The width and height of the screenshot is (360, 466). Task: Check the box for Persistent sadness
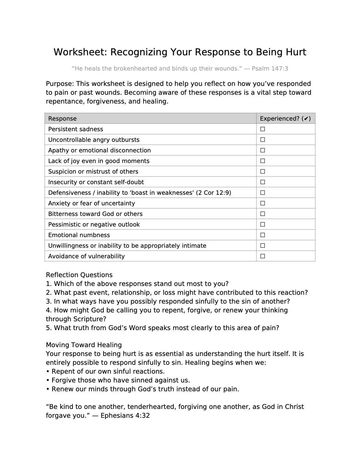click(263, 129)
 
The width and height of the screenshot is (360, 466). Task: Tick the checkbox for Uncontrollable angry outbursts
click(263, 140)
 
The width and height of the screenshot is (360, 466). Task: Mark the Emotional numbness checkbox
click(263, 235)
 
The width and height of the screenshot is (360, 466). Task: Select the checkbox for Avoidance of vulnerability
click(263, 256)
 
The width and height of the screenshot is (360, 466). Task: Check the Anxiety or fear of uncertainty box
click(263, 203)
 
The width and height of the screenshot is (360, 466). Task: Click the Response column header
click(62, 119)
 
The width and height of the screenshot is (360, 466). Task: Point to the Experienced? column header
click(285, 119)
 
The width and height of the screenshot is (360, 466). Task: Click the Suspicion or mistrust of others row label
click(93, 172)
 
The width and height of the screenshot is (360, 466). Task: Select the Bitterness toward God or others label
click(95, 214)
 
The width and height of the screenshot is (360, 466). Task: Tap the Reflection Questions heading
click(79, 275)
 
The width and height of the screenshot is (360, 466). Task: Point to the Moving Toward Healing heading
click(84, 345)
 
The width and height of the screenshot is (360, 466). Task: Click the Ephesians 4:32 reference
click(125, 415)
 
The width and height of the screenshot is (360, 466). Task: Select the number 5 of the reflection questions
click(48, 328)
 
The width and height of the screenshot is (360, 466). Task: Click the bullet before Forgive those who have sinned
click(48, 380)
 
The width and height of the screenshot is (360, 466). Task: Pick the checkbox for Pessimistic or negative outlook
click(263, 224)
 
